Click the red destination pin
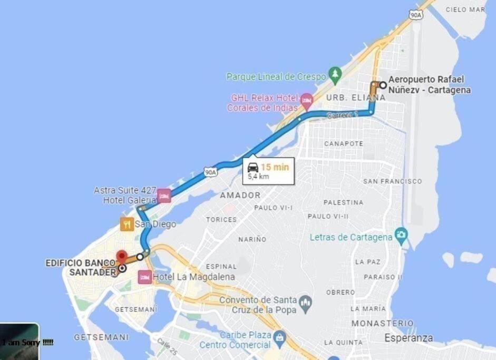(122, 256)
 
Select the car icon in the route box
(253, 167)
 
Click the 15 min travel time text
(275, 167)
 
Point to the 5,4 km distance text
(259, 177)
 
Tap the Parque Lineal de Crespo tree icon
(334, 75)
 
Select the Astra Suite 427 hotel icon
(164, 196)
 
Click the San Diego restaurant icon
(127, 225)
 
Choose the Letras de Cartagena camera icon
(402, 234)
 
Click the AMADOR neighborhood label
(240, 196)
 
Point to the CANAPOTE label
(344, 143)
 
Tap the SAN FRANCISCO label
(392, 181)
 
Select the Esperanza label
(409, 338)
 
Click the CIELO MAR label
(465, 9)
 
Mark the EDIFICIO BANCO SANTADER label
(80, 267)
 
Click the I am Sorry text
(27, 343)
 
